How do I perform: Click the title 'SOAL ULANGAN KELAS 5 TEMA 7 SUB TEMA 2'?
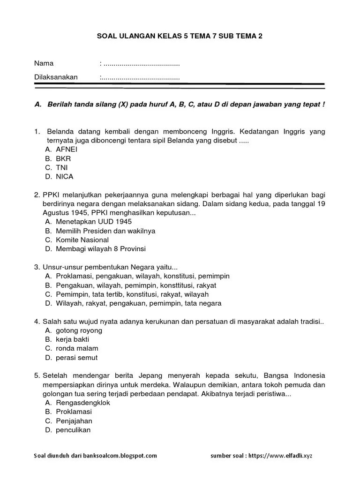[180, 36]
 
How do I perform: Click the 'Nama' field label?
[44, 63]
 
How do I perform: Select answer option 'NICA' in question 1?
[64, 177]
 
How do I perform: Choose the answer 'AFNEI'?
[67, 149]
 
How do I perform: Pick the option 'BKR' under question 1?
[63, 158]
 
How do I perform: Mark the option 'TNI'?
[62, 167]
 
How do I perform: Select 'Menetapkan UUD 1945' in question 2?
[94, 221]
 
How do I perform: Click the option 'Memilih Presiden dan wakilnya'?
[105, 231]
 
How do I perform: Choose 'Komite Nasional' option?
[82, 240]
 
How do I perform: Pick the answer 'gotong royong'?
[79, 330]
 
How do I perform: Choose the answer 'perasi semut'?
[76, 358]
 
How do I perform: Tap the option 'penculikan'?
[73, 430]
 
